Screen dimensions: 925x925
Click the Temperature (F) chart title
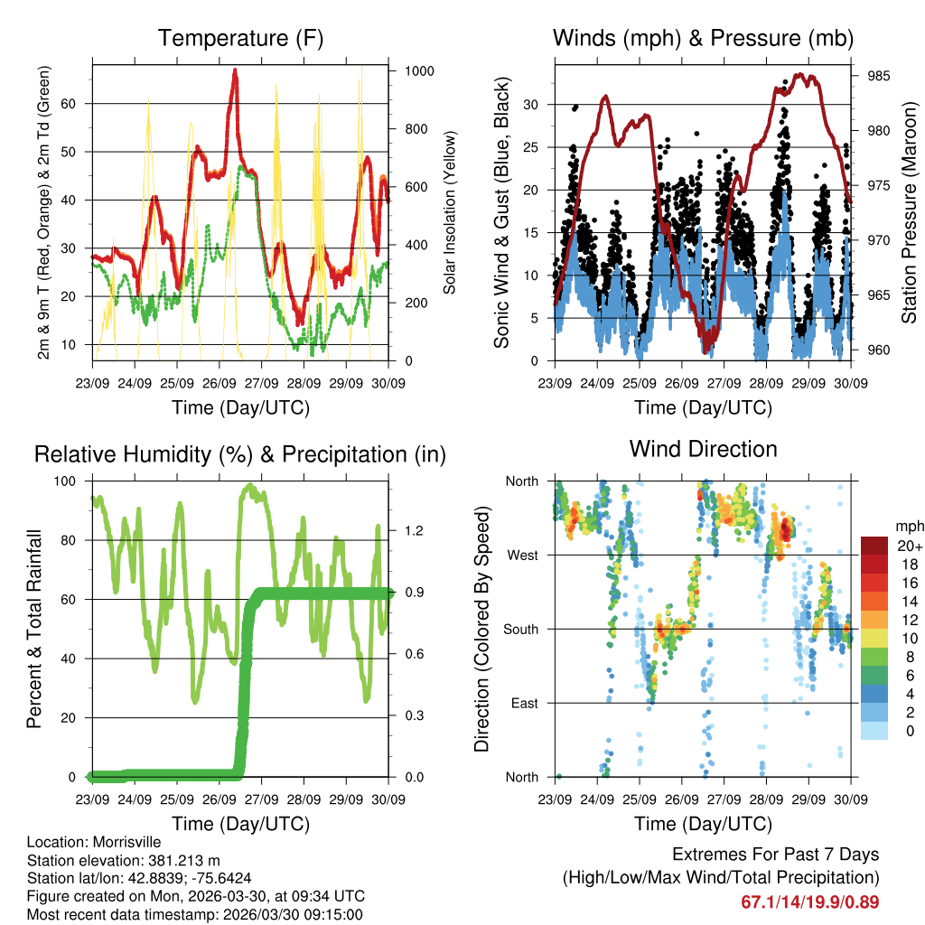(x=240, y=39)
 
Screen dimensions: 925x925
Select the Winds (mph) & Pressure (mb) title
(x=703, y=39)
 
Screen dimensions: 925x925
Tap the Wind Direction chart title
(x=703, y=449)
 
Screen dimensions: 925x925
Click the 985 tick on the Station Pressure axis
(x=877, y=76)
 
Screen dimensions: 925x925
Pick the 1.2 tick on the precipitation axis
(x=414, y=530)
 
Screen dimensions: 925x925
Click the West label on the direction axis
(x=523, y=555)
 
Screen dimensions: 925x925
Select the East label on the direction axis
(x=523, y=703)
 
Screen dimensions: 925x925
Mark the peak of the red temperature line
(x=236, y=71)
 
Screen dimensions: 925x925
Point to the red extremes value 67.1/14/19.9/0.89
(x=809, y=902)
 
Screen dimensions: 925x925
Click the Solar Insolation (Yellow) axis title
(x=449, y=212)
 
